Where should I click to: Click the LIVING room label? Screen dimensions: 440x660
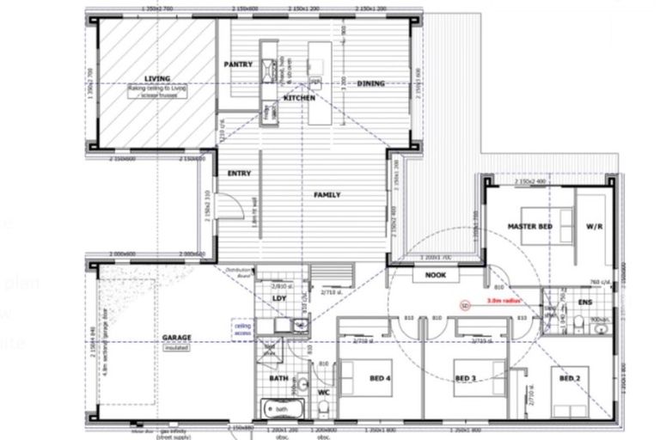[x=157, y=78]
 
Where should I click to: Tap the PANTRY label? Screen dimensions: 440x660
[x=236, y=64]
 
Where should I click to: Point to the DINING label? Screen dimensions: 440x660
[x=370, y=83]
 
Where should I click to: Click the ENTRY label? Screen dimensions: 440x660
[x=239, y=174]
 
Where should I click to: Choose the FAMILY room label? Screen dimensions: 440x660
[x=327, y=195]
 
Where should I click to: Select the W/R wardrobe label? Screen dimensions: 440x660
[x=594, y=227]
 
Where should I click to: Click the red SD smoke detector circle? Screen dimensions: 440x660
[x=464, y=303]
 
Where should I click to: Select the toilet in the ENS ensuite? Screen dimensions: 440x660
[x=582, y=323]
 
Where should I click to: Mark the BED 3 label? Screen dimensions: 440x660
[x=465, y=379]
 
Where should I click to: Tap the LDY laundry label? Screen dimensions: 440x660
[x=278, y=299]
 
